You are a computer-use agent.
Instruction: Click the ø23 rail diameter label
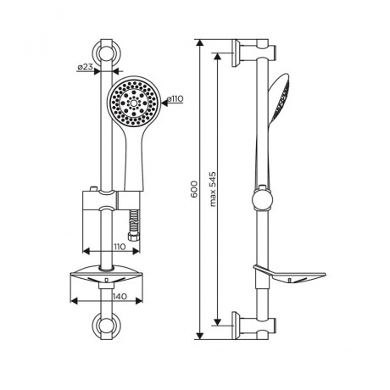85,67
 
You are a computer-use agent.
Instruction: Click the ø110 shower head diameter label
175,98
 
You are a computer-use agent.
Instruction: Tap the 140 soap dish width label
120,297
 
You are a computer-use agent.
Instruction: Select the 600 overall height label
194,189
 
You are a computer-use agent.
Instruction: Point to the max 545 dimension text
213,189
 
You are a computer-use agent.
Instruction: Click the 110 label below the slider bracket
119,247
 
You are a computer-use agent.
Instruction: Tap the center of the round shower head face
133,103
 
